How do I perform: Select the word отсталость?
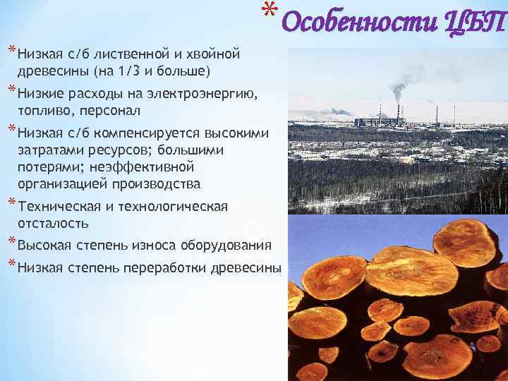[x=53, y=223]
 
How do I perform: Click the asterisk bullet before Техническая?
[x=11, y=204]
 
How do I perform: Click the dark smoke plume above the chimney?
[x=399, y=89]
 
